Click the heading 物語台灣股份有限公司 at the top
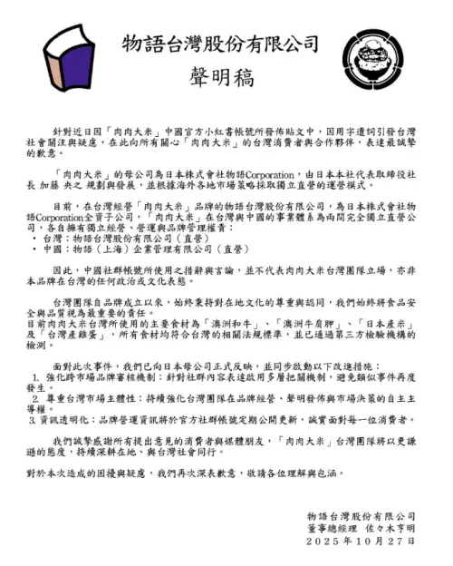[x=222, y=44]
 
